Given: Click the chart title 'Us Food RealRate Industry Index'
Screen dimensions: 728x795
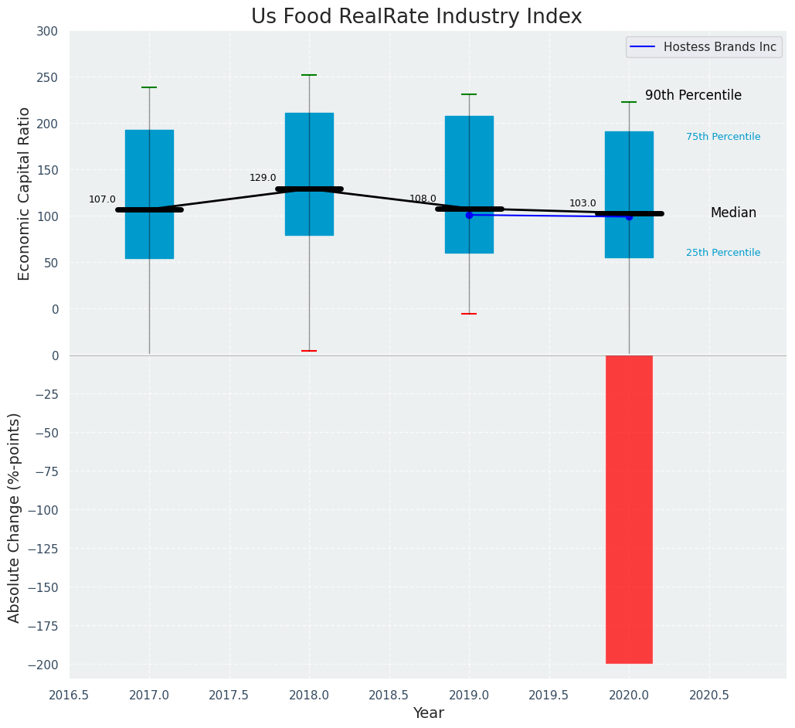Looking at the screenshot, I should tap(416, 17).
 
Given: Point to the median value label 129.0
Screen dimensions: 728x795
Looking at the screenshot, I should tap(263, 179).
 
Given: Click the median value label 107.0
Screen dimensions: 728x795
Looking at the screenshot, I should tap(102, 200).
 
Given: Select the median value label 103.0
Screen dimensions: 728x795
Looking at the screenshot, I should tap(583, 204).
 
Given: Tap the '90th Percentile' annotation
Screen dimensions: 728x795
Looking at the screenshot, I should tap(693, 96).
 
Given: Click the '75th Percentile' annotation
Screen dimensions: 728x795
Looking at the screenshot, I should tap(722, 138).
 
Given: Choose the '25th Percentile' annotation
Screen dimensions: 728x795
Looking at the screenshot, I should tap(722, 253).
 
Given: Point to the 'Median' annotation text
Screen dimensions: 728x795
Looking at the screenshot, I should tap(733, 213).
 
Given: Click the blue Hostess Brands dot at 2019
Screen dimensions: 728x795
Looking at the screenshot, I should tap(469, 215).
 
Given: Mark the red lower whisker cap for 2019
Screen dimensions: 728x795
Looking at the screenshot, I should tap(469, 314).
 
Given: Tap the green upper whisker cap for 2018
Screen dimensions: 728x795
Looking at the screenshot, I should tap(309, 76).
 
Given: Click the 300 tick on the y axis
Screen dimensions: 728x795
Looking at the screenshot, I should tap(47, 32).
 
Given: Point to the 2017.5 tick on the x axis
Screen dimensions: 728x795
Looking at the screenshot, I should tap(229, 696).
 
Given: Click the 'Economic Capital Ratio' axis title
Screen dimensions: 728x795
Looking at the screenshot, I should tap(25, 193).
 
